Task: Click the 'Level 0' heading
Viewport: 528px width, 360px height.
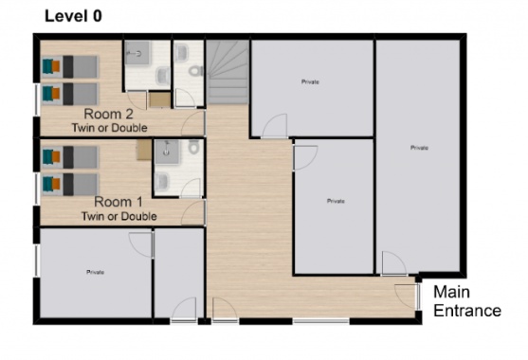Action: click(x=73, y=16)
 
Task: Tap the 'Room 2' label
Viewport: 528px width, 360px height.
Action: click(x=108, y=114)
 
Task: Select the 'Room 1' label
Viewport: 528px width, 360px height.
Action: click(x=118, y=202)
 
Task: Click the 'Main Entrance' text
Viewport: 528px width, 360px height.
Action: click(x=467, y=301)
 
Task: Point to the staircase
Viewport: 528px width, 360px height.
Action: click(x=228, y=72)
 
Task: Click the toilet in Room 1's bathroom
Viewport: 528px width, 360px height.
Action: click(x=193, y=147)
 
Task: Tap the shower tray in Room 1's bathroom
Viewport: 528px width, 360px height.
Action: click(x=167, y=153)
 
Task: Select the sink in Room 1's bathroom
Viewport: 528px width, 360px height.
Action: click(x=162, y=181)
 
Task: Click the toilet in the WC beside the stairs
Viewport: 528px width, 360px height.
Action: click(x=195, y=71)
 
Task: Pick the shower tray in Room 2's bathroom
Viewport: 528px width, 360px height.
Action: click(x=137, y=52)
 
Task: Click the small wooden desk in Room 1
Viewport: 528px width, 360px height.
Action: click(x=144, y=150)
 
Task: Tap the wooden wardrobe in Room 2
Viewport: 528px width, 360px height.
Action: click(x=159, y=99)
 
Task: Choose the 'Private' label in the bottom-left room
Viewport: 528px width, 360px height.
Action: click(x=96, y=272)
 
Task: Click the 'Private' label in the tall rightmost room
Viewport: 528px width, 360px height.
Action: click(x=419, y=148)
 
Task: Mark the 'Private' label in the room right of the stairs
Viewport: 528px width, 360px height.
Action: click(x=310, y=81)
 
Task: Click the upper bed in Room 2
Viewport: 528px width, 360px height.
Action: click(x=70, y=66)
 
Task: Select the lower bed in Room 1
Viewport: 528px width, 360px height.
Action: click(x=70, y=185)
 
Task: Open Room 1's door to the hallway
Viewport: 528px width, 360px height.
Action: click(x=193, y=212)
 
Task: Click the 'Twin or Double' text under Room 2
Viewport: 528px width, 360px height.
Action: click(x=109, y=128)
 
